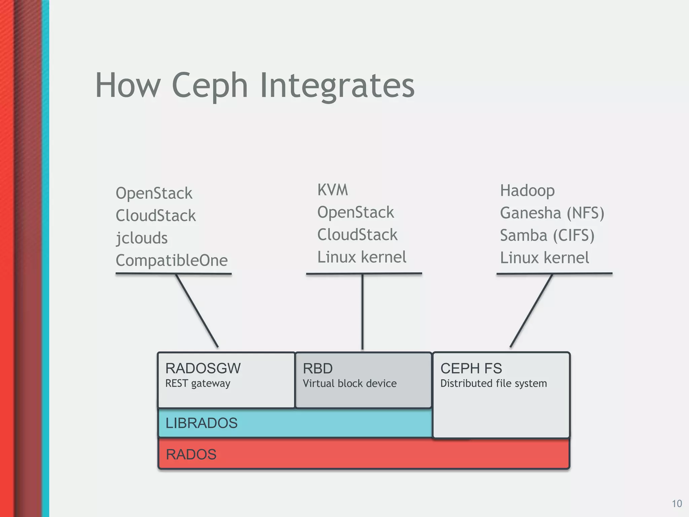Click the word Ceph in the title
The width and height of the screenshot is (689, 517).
210,86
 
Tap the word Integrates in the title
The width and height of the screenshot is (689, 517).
337,86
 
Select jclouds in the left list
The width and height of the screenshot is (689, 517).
142,238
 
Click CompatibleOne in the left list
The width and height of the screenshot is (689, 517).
172,260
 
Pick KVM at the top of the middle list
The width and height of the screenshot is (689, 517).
332,190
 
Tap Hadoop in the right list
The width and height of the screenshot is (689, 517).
527,191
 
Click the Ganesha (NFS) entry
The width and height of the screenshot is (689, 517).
552,213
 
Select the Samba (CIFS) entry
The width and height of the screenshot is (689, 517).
547,235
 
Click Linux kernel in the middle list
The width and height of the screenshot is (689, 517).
362,257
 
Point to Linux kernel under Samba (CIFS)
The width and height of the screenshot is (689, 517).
544,258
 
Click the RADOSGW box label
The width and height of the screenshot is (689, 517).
203,369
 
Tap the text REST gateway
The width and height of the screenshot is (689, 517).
198,383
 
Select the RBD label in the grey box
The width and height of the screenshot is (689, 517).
318,369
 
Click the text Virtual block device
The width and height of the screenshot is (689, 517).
350,383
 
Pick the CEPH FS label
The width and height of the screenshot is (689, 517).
471,369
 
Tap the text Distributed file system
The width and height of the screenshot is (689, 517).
494,383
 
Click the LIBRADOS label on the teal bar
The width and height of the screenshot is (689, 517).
202,423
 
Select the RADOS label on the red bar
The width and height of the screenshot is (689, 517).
191,454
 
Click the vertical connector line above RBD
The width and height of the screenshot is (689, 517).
362,311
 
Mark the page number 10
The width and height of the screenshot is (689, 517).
677,504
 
